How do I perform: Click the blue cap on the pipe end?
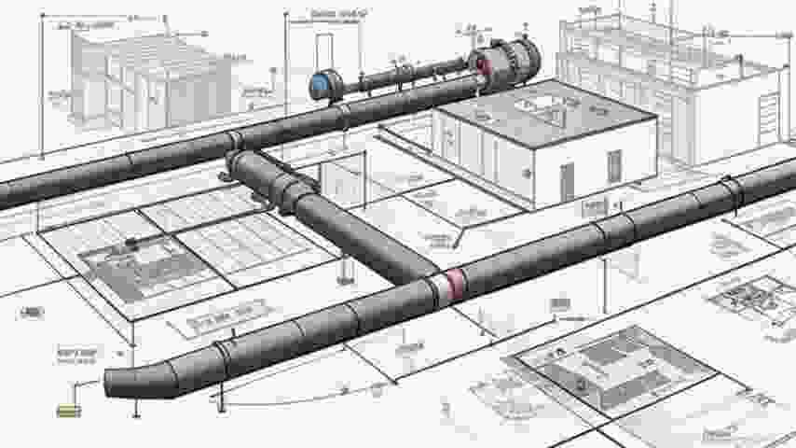(320, 86)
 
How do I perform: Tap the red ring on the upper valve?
(483, 63)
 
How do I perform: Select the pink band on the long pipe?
(454, 284)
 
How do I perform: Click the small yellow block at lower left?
(67, 409)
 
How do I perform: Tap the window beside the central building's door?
(614, 166)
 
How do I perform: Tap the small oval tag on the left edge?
(30, 312)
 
